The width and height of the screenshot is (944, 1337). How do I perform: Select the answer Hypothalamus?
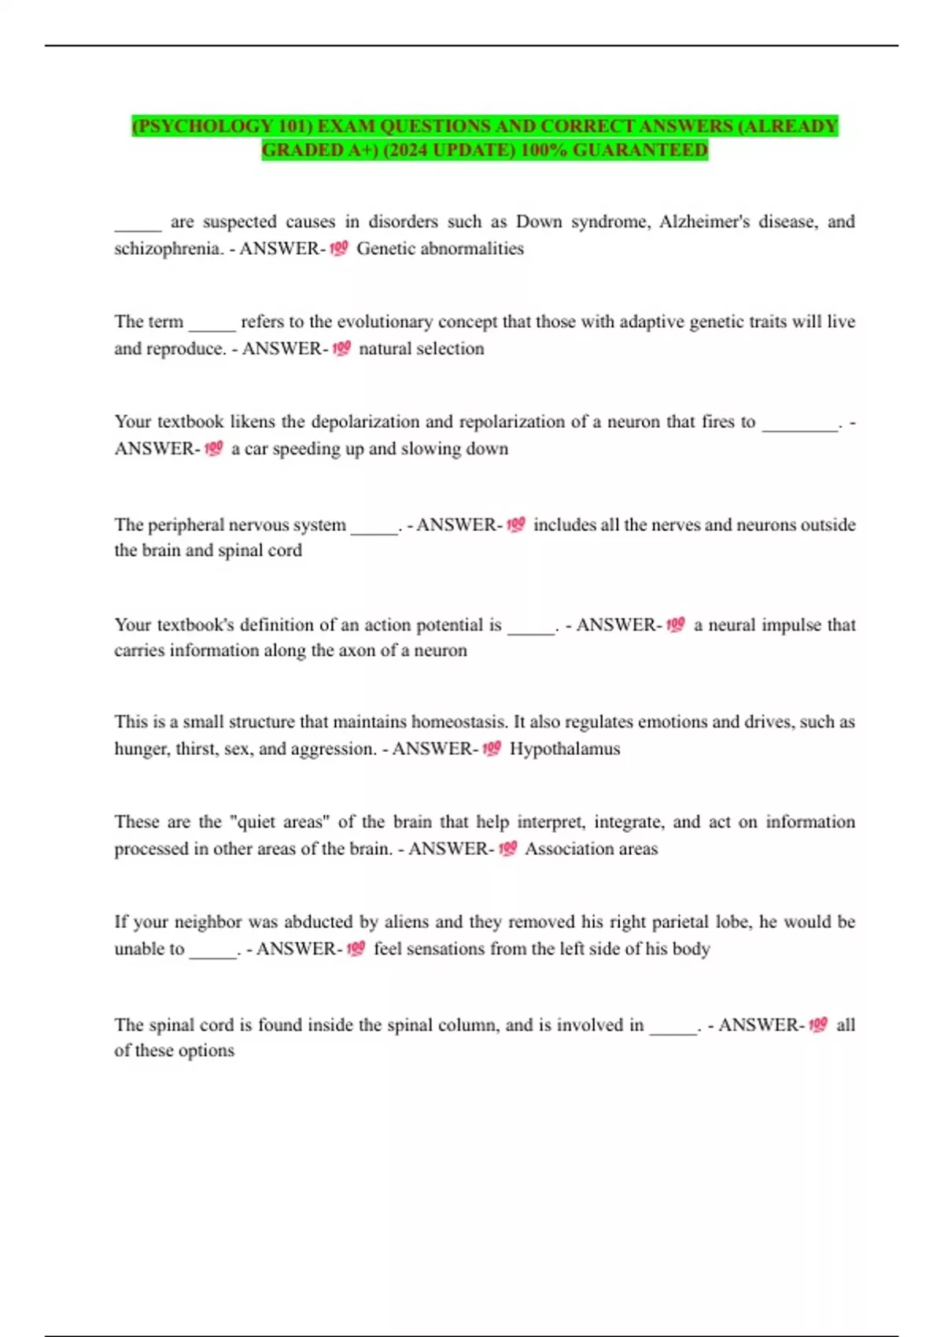click(x=565, y=749)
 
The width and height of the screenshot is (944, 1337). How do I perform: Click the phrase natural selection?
click(x=422, y=348)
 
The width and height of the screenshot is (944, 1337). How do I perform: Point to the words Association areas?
click(x=591, y=849)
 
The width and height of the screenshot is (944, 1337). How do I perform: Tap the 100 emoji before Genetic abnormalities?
click(x=339, y=249)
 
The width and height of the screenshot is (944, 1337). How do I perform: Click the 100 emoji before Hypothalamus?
click(x=492, y=749)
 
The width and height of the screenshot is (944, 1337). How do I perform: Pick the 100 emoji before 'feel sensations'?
click(x=356, y=948)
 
